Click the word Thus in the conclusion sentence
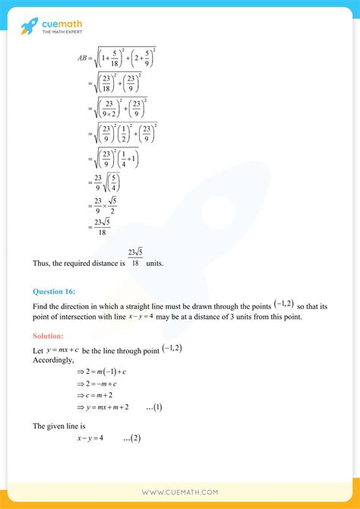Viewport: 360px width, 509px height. (41, 264)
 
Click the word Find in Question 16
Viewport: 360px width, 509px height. (41, 305)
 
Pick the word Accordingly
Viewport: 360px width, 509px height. (54, 360)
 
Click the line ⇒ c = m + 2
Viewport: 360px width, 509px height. (99, 394)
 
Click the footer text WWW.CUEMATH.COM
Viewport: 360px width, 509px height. (179, 493)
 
